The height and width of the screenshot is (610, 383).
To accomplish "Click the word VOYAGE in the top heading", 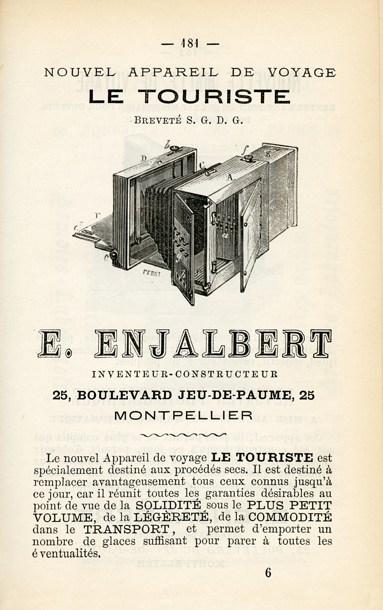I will [301, 73].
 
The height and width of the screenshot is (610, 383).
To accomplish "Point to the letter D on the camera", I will [144, 159].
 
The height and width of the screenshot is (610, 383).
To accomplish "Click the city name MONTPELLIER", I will [183, 415].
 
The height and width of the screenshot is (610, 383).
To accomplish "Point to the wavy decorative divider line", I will [183, 435].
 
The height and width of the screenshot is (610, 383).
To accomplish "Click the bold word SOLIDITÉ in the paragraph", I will [168, 505].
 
